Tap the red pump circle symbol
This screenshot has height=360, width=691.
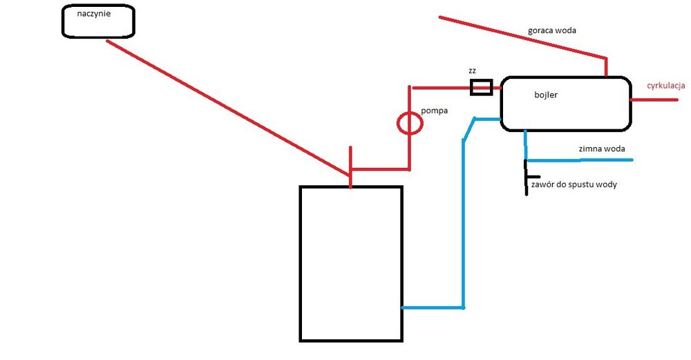tap(409, 124)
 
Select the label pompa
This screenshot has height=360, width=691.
tap(435, 111)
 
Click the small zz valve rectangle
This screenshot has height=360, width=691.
tap(481, 87)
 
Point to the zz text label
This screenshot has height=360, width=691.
tap(473, 71)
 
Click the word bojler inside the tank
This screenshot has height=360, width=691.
tap(545, 95)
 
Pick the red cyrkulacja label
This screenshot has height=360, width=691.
tap(665, 86)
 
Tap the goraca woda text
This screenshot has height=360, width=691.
tap(551, 30)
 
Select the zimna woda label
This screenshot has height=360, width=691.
tap(602, 148)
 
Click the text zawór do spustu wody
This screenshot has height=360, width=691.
tap(574, 184)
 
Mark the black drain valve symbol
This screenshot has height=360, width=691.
tap(527, 176)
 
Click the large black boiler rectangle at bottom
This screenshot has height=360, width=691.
tap(350, 263)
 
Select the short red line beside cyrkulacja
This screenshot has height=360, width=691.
tap(654, 100)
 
